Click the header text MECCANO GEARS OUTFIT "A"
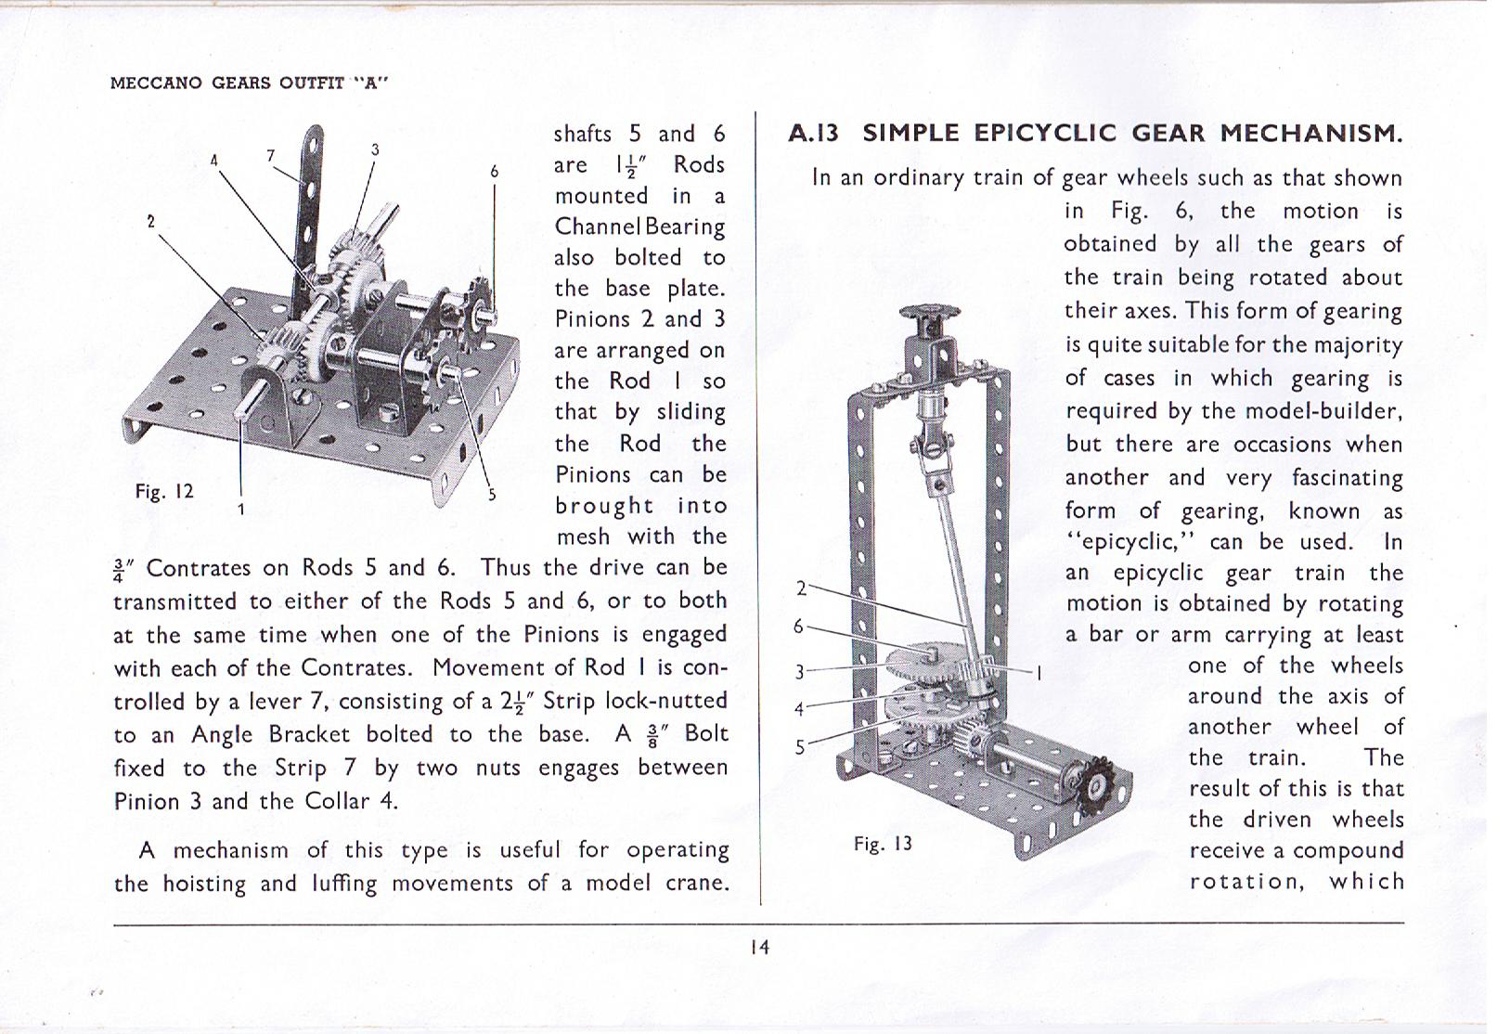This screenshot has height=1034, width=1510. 249,82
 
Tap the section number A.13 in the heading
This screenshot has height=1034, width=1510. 813,133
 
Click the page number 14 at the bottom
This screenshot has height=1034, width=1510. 759,948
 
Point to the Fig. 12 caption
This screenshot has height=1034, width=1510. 164,491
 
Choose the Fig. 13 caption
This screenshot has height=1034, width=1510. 883,844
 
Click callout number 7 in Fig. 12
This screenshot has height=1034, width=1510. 271,155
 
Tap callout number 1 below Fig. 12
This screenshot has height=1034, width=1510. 241,510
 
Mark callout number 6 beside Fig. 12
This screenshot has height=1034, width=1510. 495,172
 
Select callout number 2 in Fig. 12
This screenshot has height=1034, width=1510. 150,221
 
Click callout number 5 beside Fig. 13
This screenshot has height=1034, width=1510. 799,747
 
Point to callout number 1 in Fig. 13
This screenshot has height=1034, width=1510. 1039,672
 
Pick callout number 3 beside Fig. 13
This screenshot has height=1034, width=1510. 799,671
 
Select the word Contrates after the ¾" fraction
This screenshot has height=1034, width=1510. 199,568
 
